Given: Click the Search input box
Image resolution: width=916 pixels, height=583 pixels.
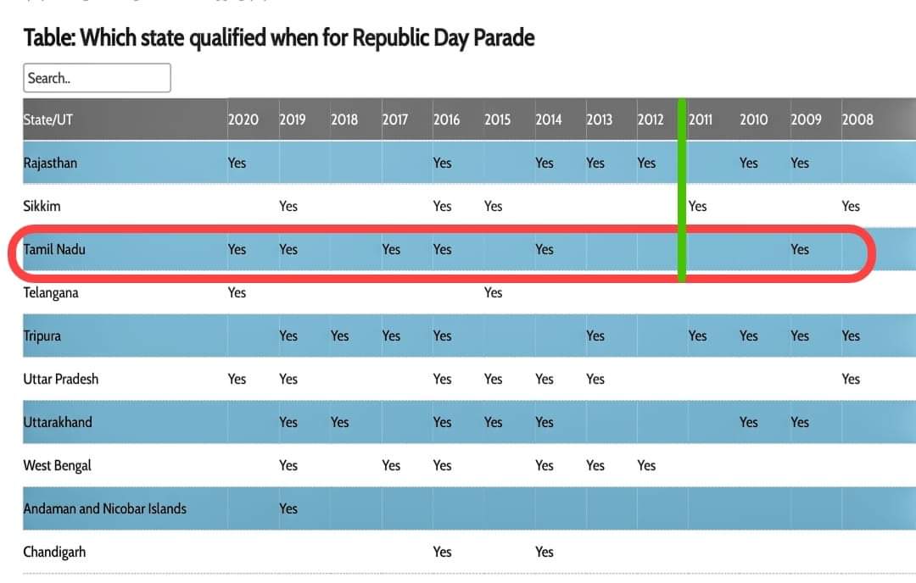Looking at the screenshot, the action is coord(97,78).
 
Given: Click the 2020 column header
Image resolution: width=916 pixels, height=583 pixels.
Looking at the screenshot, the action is coord(243,119).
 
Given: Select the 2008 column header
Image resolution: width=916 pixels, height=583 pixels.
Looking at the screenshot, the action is coord(857,119).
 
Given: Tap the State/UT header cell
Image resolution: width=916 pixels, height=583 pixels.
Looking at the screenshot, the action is coord(47,119).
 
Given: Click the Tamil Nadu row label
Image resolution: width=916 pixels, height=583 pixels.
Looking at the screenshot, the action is coord(54,249).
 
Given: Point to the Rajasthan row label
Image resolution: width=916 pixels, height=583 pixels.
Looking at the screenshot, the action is coord(50,163).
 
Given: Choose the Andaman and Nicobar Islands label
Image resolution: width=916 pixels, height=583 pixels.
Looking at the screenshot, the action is coord(105,508).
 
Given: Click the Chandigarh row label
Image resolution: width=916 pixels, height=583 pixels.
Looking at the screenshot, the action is coord(54,552).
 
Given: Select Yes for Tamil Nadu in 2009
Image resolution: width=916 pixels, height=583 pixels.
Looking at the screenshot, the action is coord(800,249).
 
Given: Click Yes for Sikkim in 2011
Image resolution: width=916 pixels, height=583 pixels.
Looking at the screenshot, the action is coord(697,206).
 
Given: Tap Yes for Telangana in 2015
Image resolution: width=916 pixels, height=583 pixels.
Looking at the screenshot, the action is coord(493,292).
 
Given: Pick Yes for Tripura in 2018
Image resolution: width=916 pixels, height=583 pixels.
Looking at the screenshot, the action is coord(339,336).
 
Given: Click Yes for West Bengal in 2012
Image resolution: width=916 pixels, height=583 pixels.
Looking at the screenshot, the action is coord(646,465).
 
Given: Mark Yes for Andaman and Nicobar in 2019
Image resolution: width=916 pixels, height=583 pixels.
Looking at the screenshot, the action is coord(288,508).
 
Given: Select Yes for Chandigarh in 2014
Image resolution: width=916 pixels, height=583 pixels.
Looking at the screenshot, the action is coord(545,552).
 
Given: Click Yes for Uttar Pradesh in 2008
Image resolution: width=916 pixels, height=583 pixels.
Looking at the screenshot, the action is coord(852,379).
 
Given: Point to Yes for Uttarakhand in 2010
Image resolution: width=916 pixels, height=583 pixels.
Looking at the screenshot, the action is coord(749,422).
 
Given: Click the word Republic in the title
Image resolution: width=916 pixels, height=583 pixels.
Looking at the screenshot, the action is coord(390,38).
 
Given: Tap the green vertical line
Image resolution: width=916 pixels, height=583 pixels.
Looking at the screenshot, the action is coord(682,191).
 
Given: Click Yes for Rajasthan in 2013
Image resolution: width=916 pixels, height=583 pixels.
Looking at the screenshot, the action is coord(595,163).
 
